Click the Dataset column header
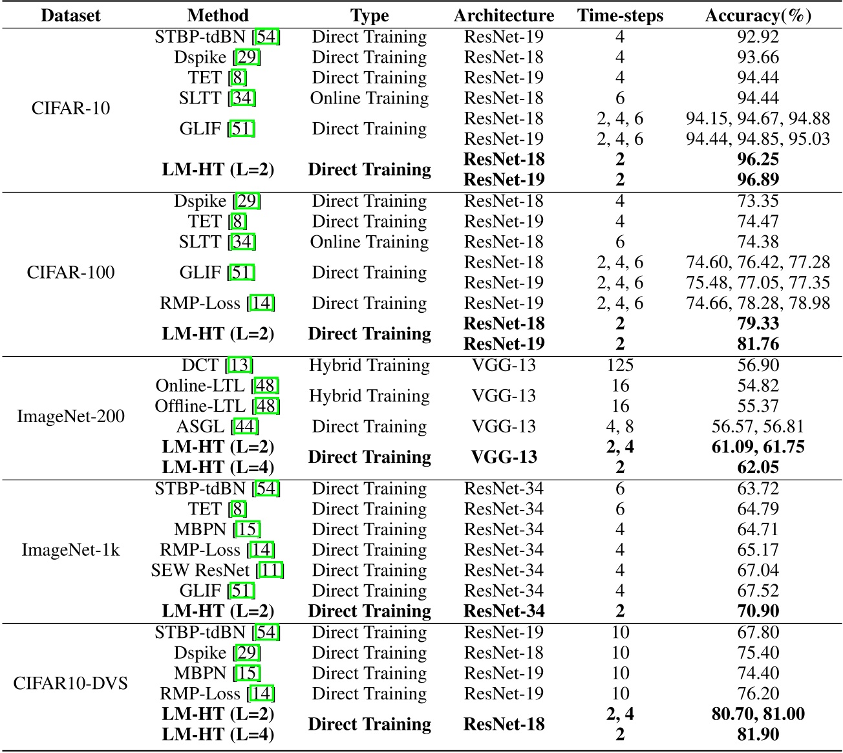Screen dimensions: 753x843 click(71, 16)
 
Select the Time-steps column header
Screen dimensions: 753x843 click(620, 16)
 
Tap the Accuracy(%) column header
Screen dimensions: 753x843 click(758, 16)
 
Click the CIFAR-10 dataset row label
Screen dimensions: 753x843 click(71, 108)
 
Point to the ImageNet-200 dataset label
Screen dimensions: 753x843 click(71, 416)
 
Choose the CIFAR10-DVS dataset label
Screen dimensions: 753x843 click(71, 683)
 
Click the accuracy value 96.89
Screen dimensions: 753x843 click(758, 179)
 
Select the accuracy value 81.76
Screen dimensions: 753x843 click(758, 343)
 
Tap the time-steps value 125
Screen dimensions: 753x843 click(620, 365)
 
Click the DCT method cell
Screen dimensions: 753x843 click(217, 365)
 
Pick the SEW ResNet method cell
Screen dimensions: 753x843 click(217, 570)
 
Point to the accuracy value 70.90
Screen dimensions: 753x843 click(758, 611)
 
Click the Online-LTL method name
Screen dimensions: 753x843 click(217, 386)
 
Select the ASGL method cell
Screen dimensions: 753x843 click(217, 427)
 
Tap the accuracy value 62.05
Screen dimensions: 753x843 click(758, 467)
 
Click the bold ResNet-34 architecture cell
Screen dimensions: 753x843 click(504, 611)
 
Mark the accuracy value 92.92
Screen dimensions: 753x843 click(758, 37)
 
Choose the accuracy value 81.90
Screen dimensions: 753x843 click(758, 734)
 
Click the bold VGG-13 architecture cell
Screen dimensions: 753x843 click(504, 457)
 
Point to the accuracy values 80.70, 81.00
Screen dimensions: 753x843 click(758, 714)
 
